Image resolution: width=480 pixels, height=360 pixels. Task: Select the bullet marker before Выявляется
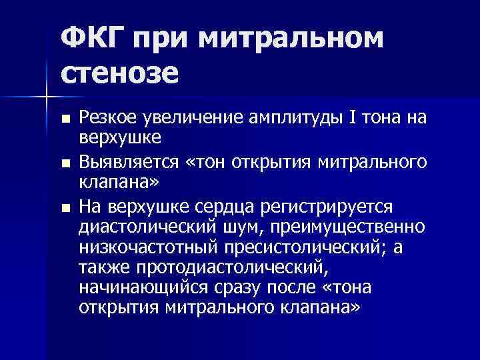click(x=64, y=163)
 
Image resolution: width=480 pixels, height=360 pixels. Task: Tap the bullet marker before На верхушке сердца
click(x=64, y=208)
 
